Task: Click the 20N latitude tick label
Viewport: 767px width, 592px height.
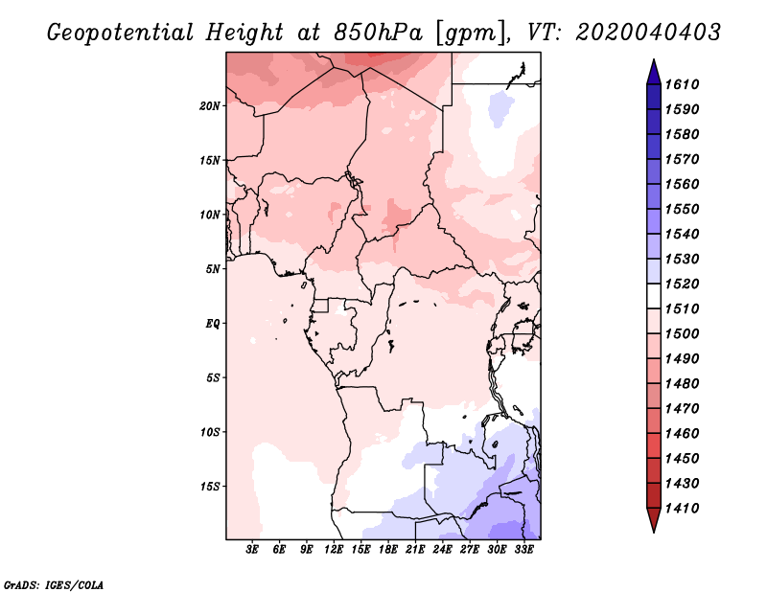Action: point(210,106)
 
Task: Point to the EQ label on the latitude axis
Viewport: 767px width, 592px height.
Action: point(212,324)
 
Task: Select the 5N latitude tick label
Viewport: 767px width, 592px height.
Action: point(213,269)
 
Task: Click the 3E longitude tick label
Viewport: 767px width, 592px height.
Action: point(252,549)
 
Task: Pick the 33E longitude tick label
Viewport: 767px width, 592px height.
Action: point(523,549)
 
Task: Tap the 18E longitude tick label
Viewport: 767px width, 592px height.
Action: point(388,549)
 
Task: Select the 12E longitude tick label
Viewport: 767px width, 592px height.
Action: point(334,549)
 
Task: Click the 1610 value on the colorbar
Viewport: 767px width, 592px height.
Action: point(683,84)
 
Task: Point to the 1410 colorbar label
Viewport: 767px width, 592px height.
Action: point(683,509)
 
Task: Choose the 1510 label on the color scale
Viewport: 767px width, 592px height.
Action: point(683,309)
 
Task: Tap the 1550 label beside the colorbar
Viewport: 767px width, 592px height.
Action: point(683,209)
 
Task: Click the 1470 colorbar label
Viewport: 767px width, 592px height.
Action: point(683,409)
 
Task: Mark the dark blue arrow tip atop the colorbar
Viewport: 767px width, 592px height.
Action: point(654,60)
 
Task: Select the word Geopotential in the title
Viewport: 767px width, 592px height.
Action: point(121,33)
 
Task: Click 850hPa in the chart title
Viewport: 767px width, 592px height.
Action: point(378,33)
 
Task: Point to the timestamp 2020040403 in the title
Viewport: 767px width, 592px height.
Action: point(648,33)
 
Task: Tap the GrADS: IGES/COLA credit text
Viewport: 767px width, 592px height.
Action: point(54,585)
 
